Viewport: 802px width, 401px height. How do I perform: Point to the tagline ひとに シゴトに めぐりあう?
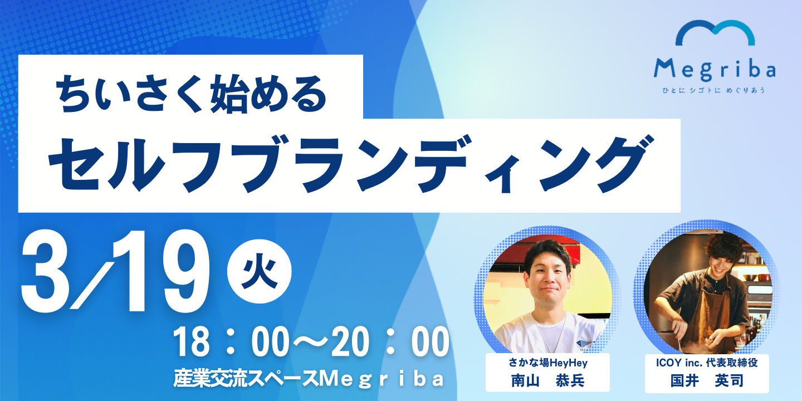tap(714, 90)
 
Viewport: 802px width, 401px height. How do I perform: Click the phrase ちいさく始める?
tap(191, 94)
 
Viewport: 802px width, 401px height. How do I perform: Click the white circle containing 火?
tap(259, 271)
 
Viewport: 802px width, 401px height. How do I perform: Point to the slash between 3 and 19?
tap(92, 285)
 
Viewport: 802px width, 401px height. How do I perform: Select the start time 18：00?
tap(231, 343)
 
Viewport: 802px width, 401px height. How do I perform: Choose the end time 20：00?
tap(390, 343)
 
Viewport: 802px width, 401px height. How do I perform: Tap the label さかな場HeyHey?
tap(548, 363)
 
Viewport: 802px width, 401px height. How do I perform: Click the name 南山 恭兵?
tap(548, 380)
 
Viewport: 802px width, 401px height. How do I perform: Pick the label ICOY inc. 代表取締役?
tap(707, 363)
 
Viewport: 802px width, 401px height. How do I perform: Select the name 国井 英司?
tap(707, 380)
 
